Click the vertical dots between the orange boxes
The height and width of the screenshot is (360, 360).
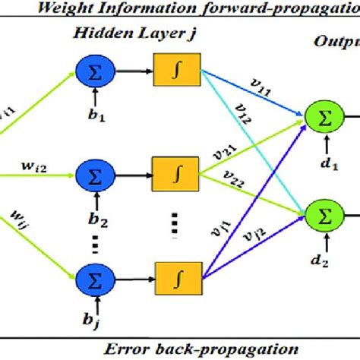[x=173, y=222]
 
